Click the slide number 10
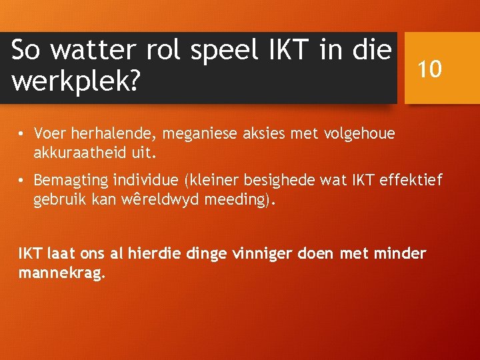430,68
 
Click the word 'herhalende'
112,133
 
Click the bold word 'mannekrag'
60,273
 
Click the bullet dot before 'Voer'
22,134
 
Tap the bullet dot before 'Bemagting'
22,181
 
